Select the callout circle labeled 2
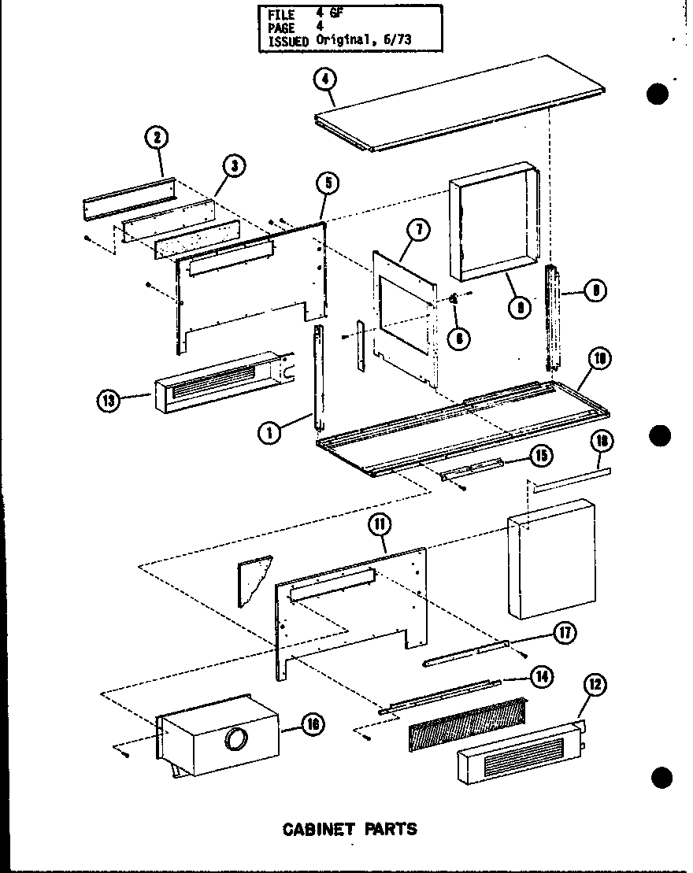pos(157,138)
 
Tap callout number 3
pos(234,165)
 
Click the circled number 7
pos(419,230)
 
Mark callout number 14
pos(541,675)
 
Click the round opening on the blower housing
pos(234,739)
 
